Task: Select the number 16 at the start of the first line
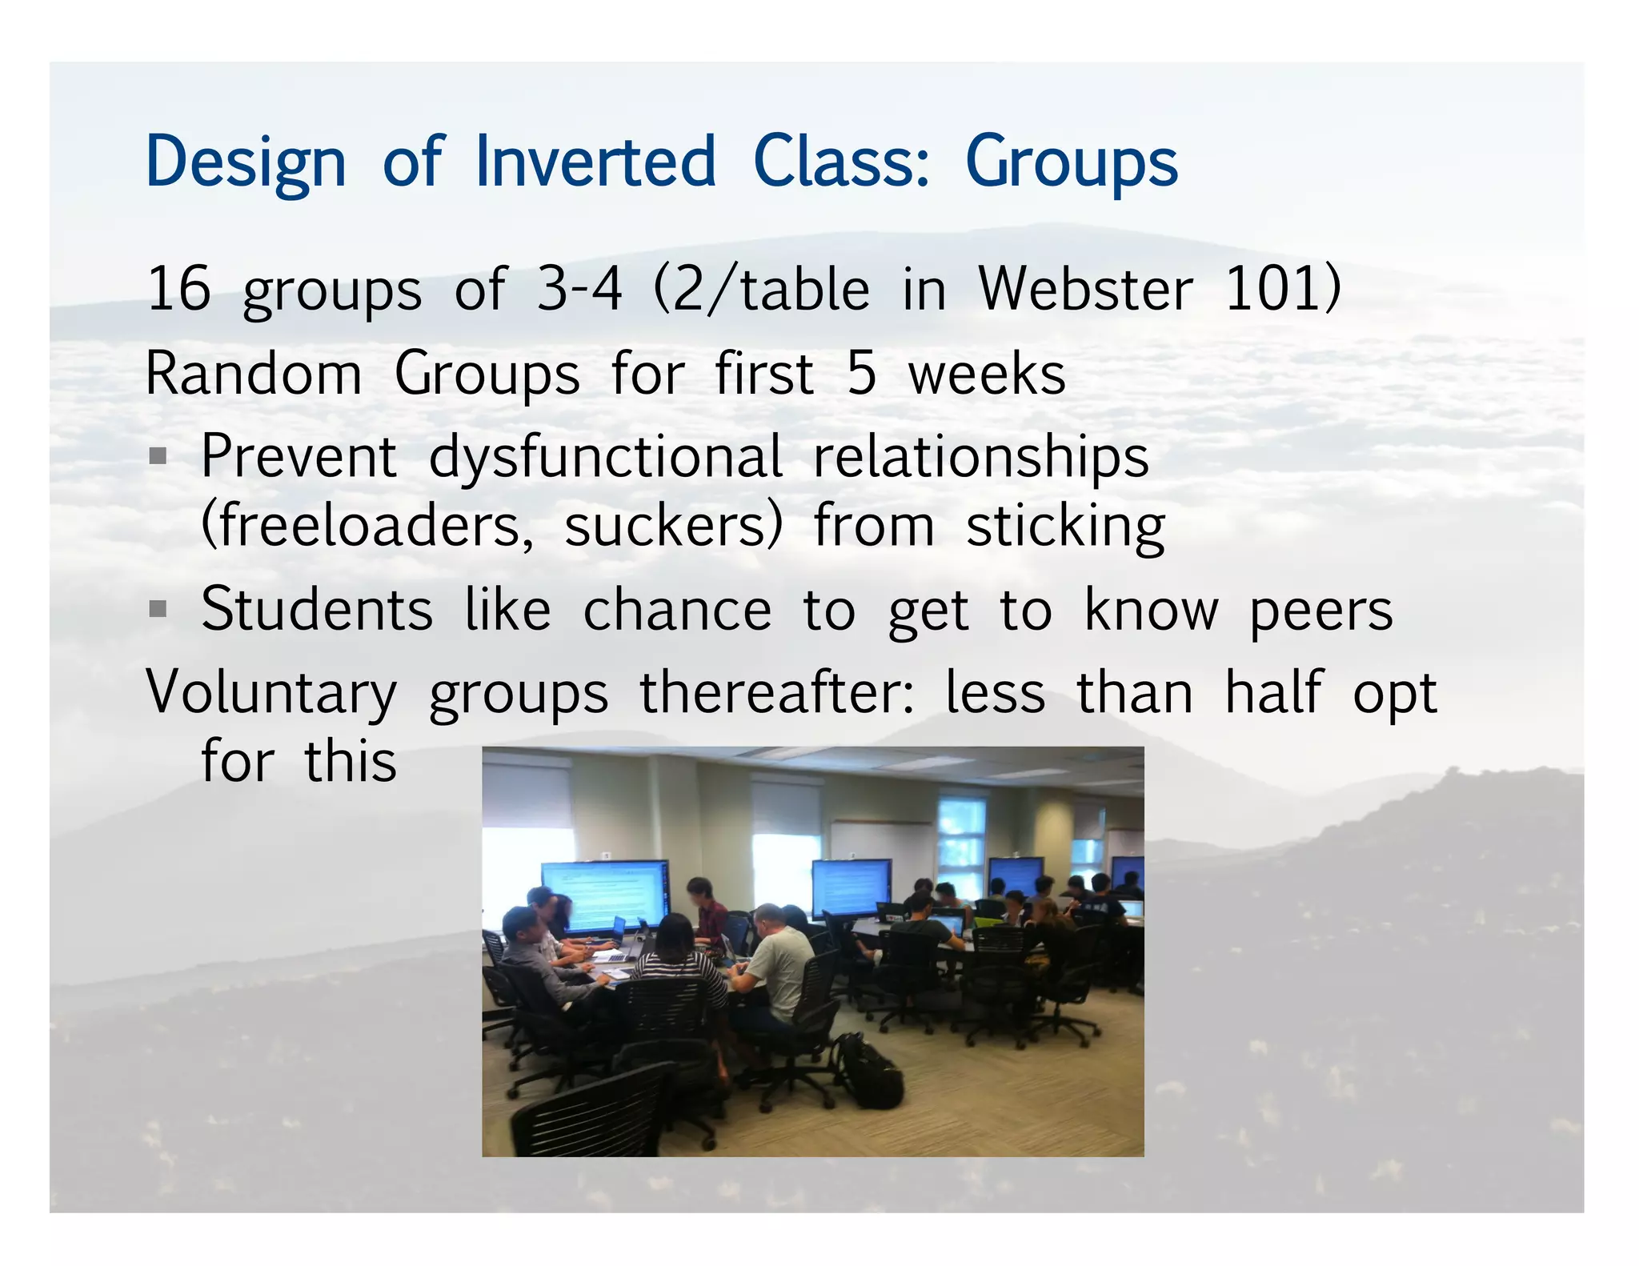178,289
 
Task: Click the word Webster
1085,289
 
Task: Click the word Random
253,374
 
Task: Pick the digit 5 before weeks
861,374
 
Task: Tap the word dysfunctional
605,458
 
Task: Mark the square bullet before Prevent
158,457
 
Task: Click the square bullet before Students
158,611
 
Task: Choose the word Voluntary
271,693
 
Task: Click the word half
1273,692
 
